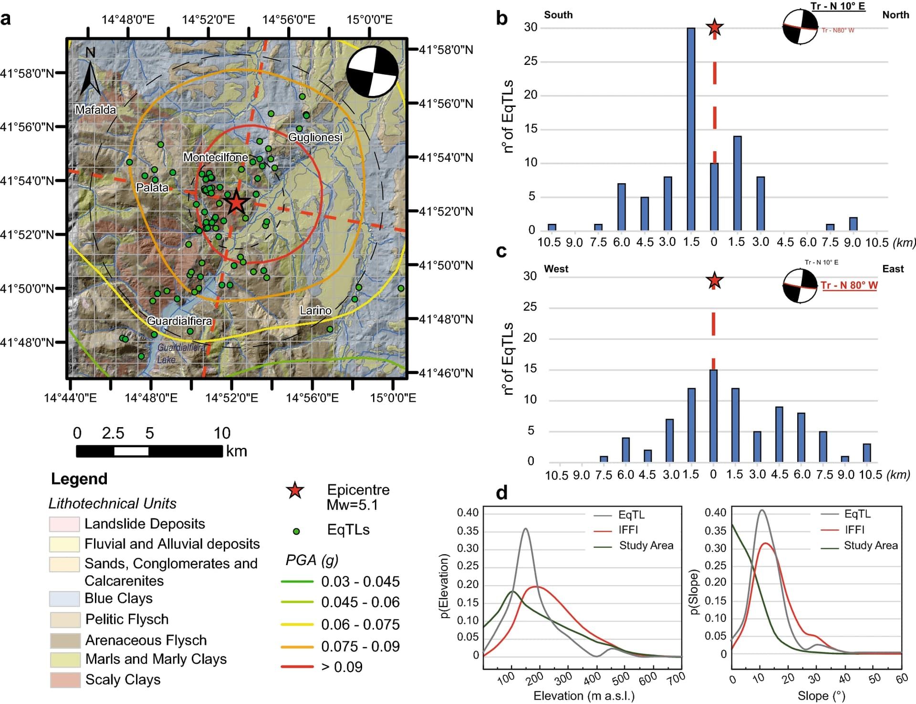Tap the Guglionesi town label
pyautogui.click(x=315, y=137)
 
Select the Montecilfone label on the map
pyautogui.click(x=216, y=157)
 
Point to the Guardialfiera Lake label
pyautogui.click(x=180, y=353)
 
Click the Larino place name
pyautogui.click(x=315, y=311)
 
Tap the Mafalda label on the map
pyautogui.click(x=96, y=110)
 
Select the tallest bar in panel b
pyautogui.click(x=690, y=129)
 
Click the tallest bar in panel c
pyautogui.click(x=713, y=415)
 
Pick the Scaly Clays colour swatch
pyautogui.click(x=65, y=680)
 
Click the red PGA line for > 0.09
pyautogui.click(x=297, y=667)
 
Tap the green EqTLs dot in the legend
pyautogui.click(x=296, y=531)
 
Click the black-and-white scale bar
pyautogui.click(x=149, y=451)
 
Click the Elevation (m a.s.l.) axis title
pyautogui.click(x=584, y=696)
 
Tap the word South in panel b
pyautogui.click(x=558, y=15)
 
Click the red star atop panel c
pyautogui.click(x=714, y=281)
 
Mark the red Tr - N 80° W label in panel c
pyautogui.click(x=849, y=285)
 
